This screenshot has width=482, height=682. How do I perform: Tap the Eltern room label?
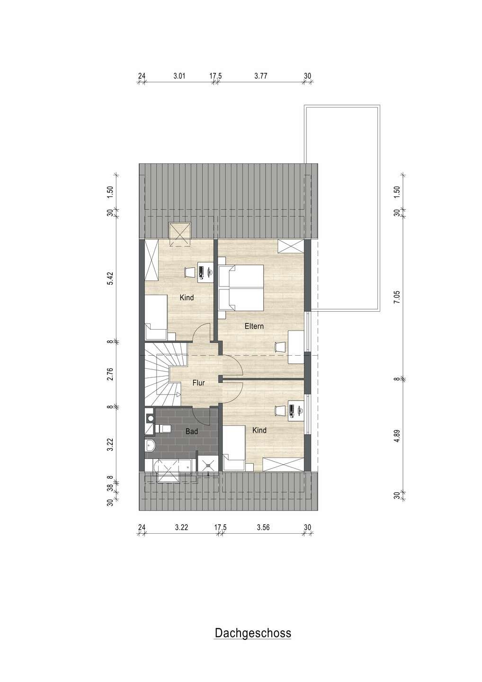(x=254, y=326)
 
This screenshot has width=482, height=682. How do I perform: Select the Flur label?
(x=198, y=383)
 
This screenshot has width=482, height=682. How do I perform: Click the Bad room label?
(x=192, y=431)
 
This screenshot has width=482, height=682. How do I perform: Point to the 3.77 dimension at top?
(x=261, y=76)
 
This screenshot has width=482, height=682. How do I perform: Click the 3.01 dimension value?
(x=179, y=76)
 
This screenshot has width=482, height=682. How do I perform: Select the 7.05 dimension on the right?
(x=397, y=297)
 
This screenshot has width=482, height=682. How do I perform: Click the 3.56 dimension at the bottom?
(x=263, y=527)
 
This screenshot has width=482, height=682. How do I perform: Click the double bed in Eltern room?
(x=241, y=288)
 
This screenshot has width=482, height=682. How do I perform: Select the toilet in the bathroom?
(x=163, y=429)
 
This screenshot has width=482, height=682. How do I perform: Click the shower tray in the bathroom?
(x=208, y=465)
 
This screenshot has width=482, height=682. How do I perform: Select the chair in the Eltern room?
(x=280, y=347)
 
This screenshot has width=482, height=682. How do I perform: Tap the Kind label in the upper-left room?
(x=187, y=297)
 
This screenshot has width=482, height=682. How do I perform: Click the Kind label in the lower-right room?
(x=259, y=430)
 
